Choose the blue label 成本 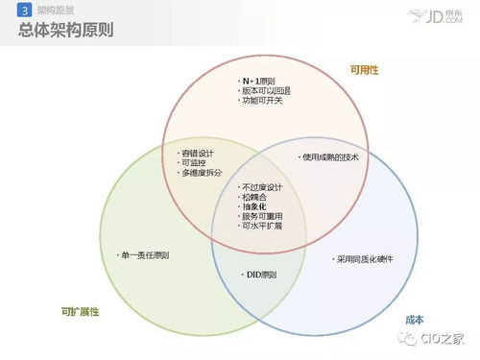coord(414,319)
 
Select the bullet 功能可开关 coord(261,102)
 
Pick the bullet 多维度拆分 coord(202,173)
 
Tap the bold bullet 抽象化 coord(255,206)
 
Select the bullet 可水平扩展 coord(264,227)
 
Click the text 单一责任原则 coord(144,255)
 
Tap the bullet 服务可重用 coord(264,216)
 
